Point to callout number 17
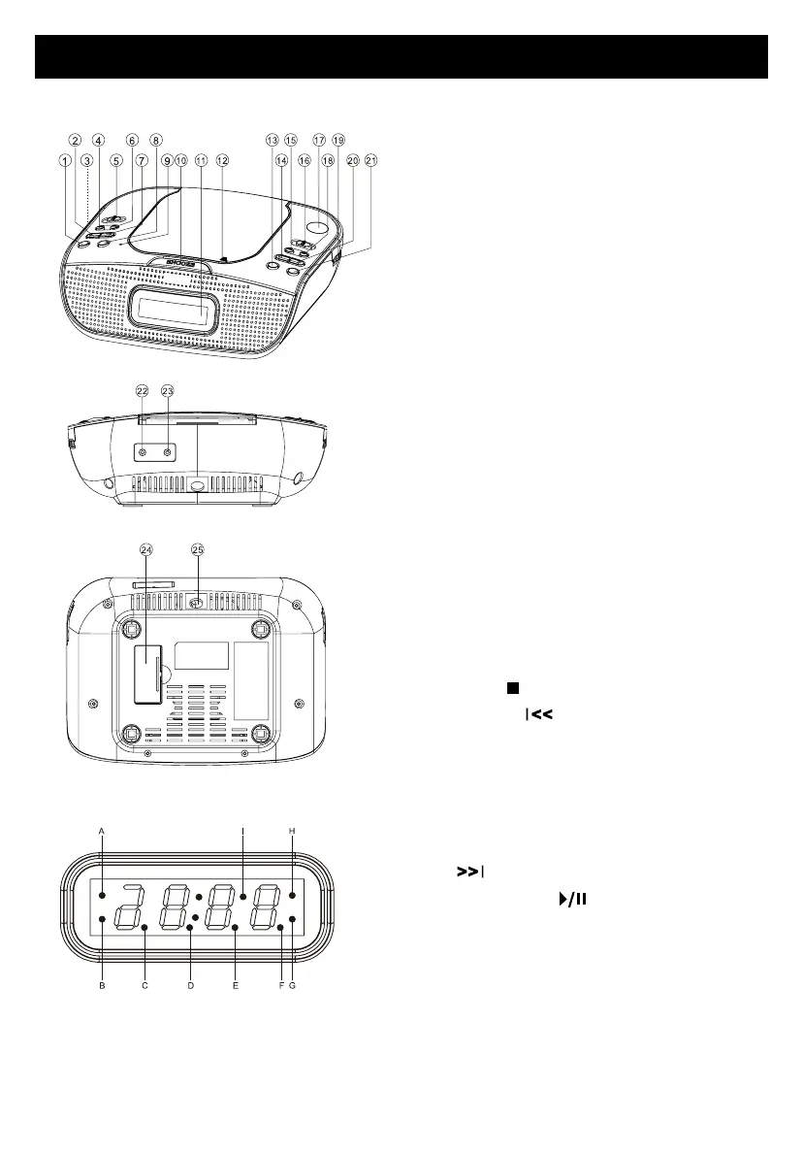click(319, 141)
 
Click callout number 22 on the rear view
click(143, 391)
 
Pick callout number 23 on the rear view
click(168, 391)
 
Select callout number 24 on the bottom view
click(147, 548)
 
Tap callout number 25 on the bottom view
click(198, 548)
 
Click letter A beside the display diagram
click(101, 831)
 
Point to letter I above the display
click(242, 831)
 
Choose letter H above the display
click(291, 831)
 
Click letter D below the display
click(190, 986)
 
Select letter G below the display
click(291, 986)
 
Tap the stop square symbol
click(508, 688)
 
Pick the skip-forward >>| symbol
click(468, 873)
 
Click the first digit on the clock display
click(125, 905)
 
